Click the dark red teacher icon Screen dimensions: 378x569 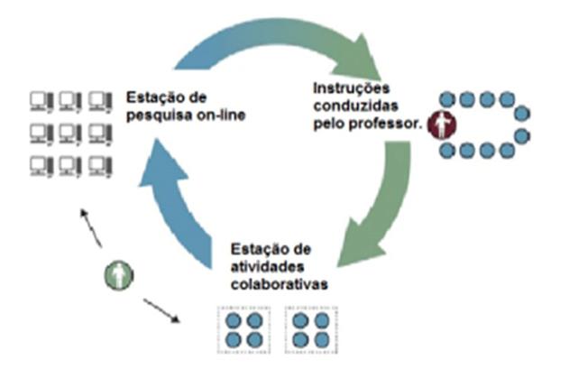(x=440, y=124)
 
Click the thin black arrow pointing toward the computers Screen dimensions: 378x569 (x=90, y=226)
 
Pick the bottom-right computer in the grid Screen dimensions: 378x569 (x=100, y=166)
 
